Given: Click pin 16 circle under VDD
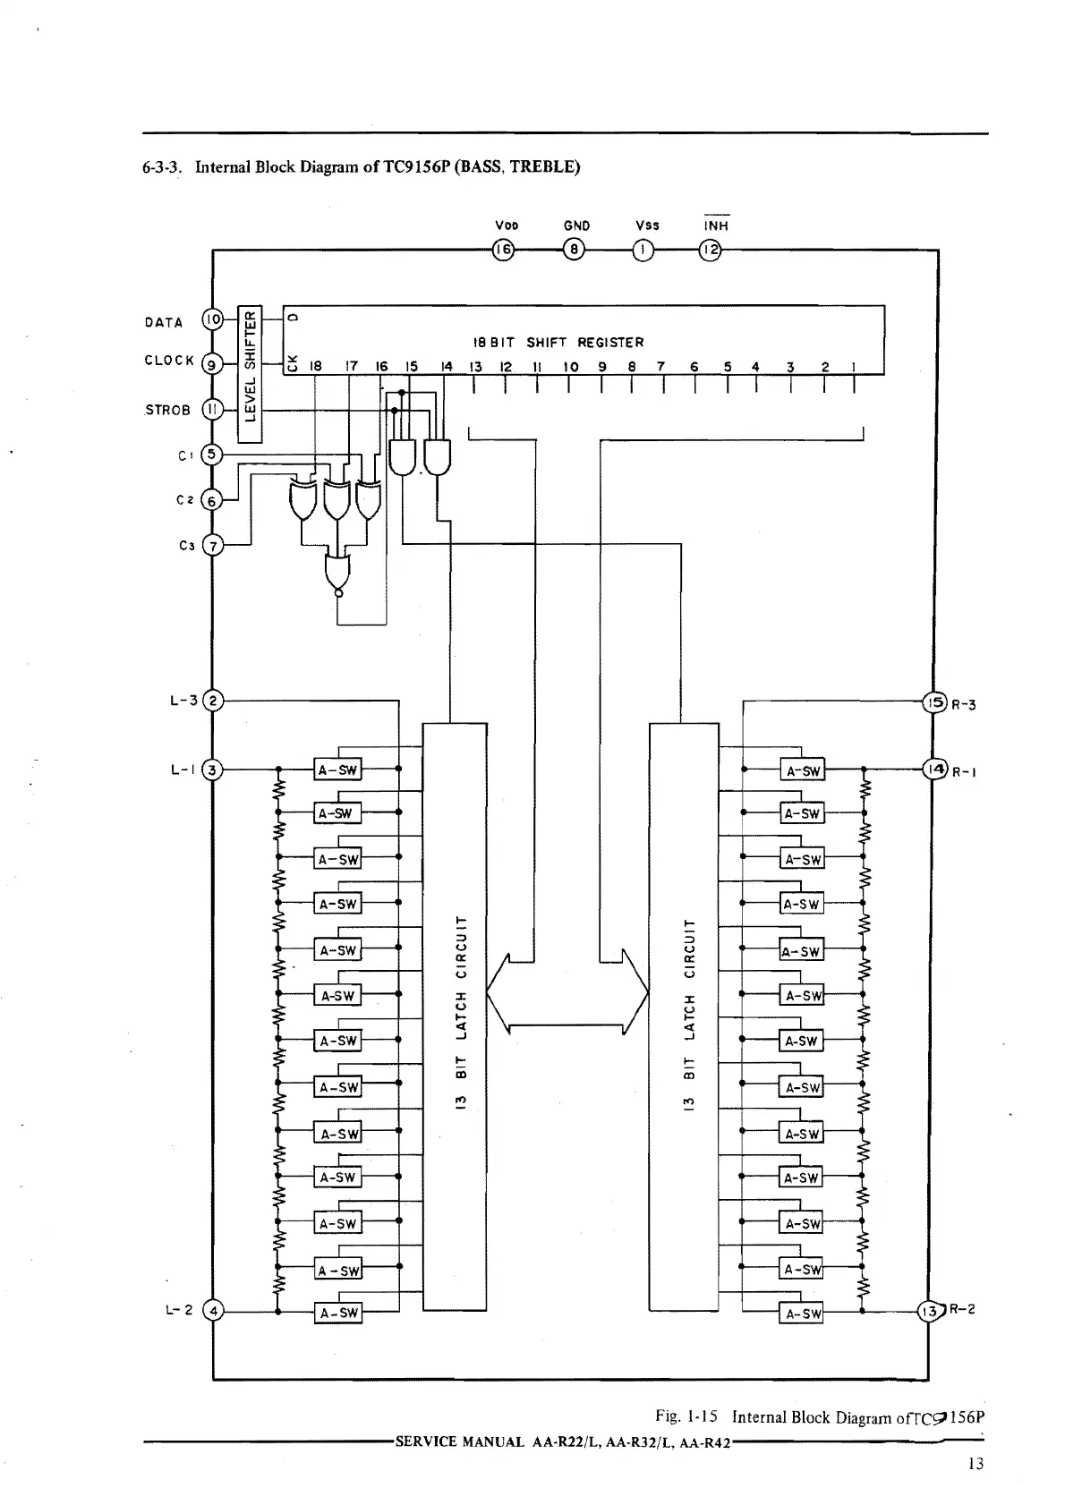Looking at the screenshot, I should [x=503, y=251].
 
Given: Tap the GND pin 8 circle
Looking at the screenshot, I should [x=574, y=251].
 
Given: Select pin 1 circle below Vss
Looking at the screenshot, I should [x=644, y=251].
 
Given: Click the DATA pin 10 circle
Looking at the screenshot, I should [x=212, y=319].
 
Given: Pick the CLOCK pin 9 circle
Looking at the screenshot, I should [x=212, y=363].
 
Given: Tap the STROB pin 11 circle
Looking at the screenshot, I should [x=212, y=409].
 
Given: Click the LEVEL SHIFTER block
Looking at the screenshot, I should [x=251, y=374].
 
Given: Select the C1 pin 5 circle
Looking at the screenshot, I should [x=212, y=455].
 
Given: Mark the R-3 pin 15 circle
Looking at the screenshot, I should [x=935, y=702].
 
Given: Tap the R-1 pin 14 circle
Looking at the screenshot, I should [x=935, y=769].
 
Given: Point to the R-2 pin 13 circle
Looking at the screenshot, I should [x=932, y=1312].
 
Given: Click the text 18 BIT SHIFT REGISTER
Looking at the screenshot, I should [x=558, y=342].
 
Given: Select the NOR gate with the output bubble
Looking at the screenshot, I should [x=338, y=573].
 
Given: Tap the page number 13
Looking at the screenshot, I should [x=976, y=1465].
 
